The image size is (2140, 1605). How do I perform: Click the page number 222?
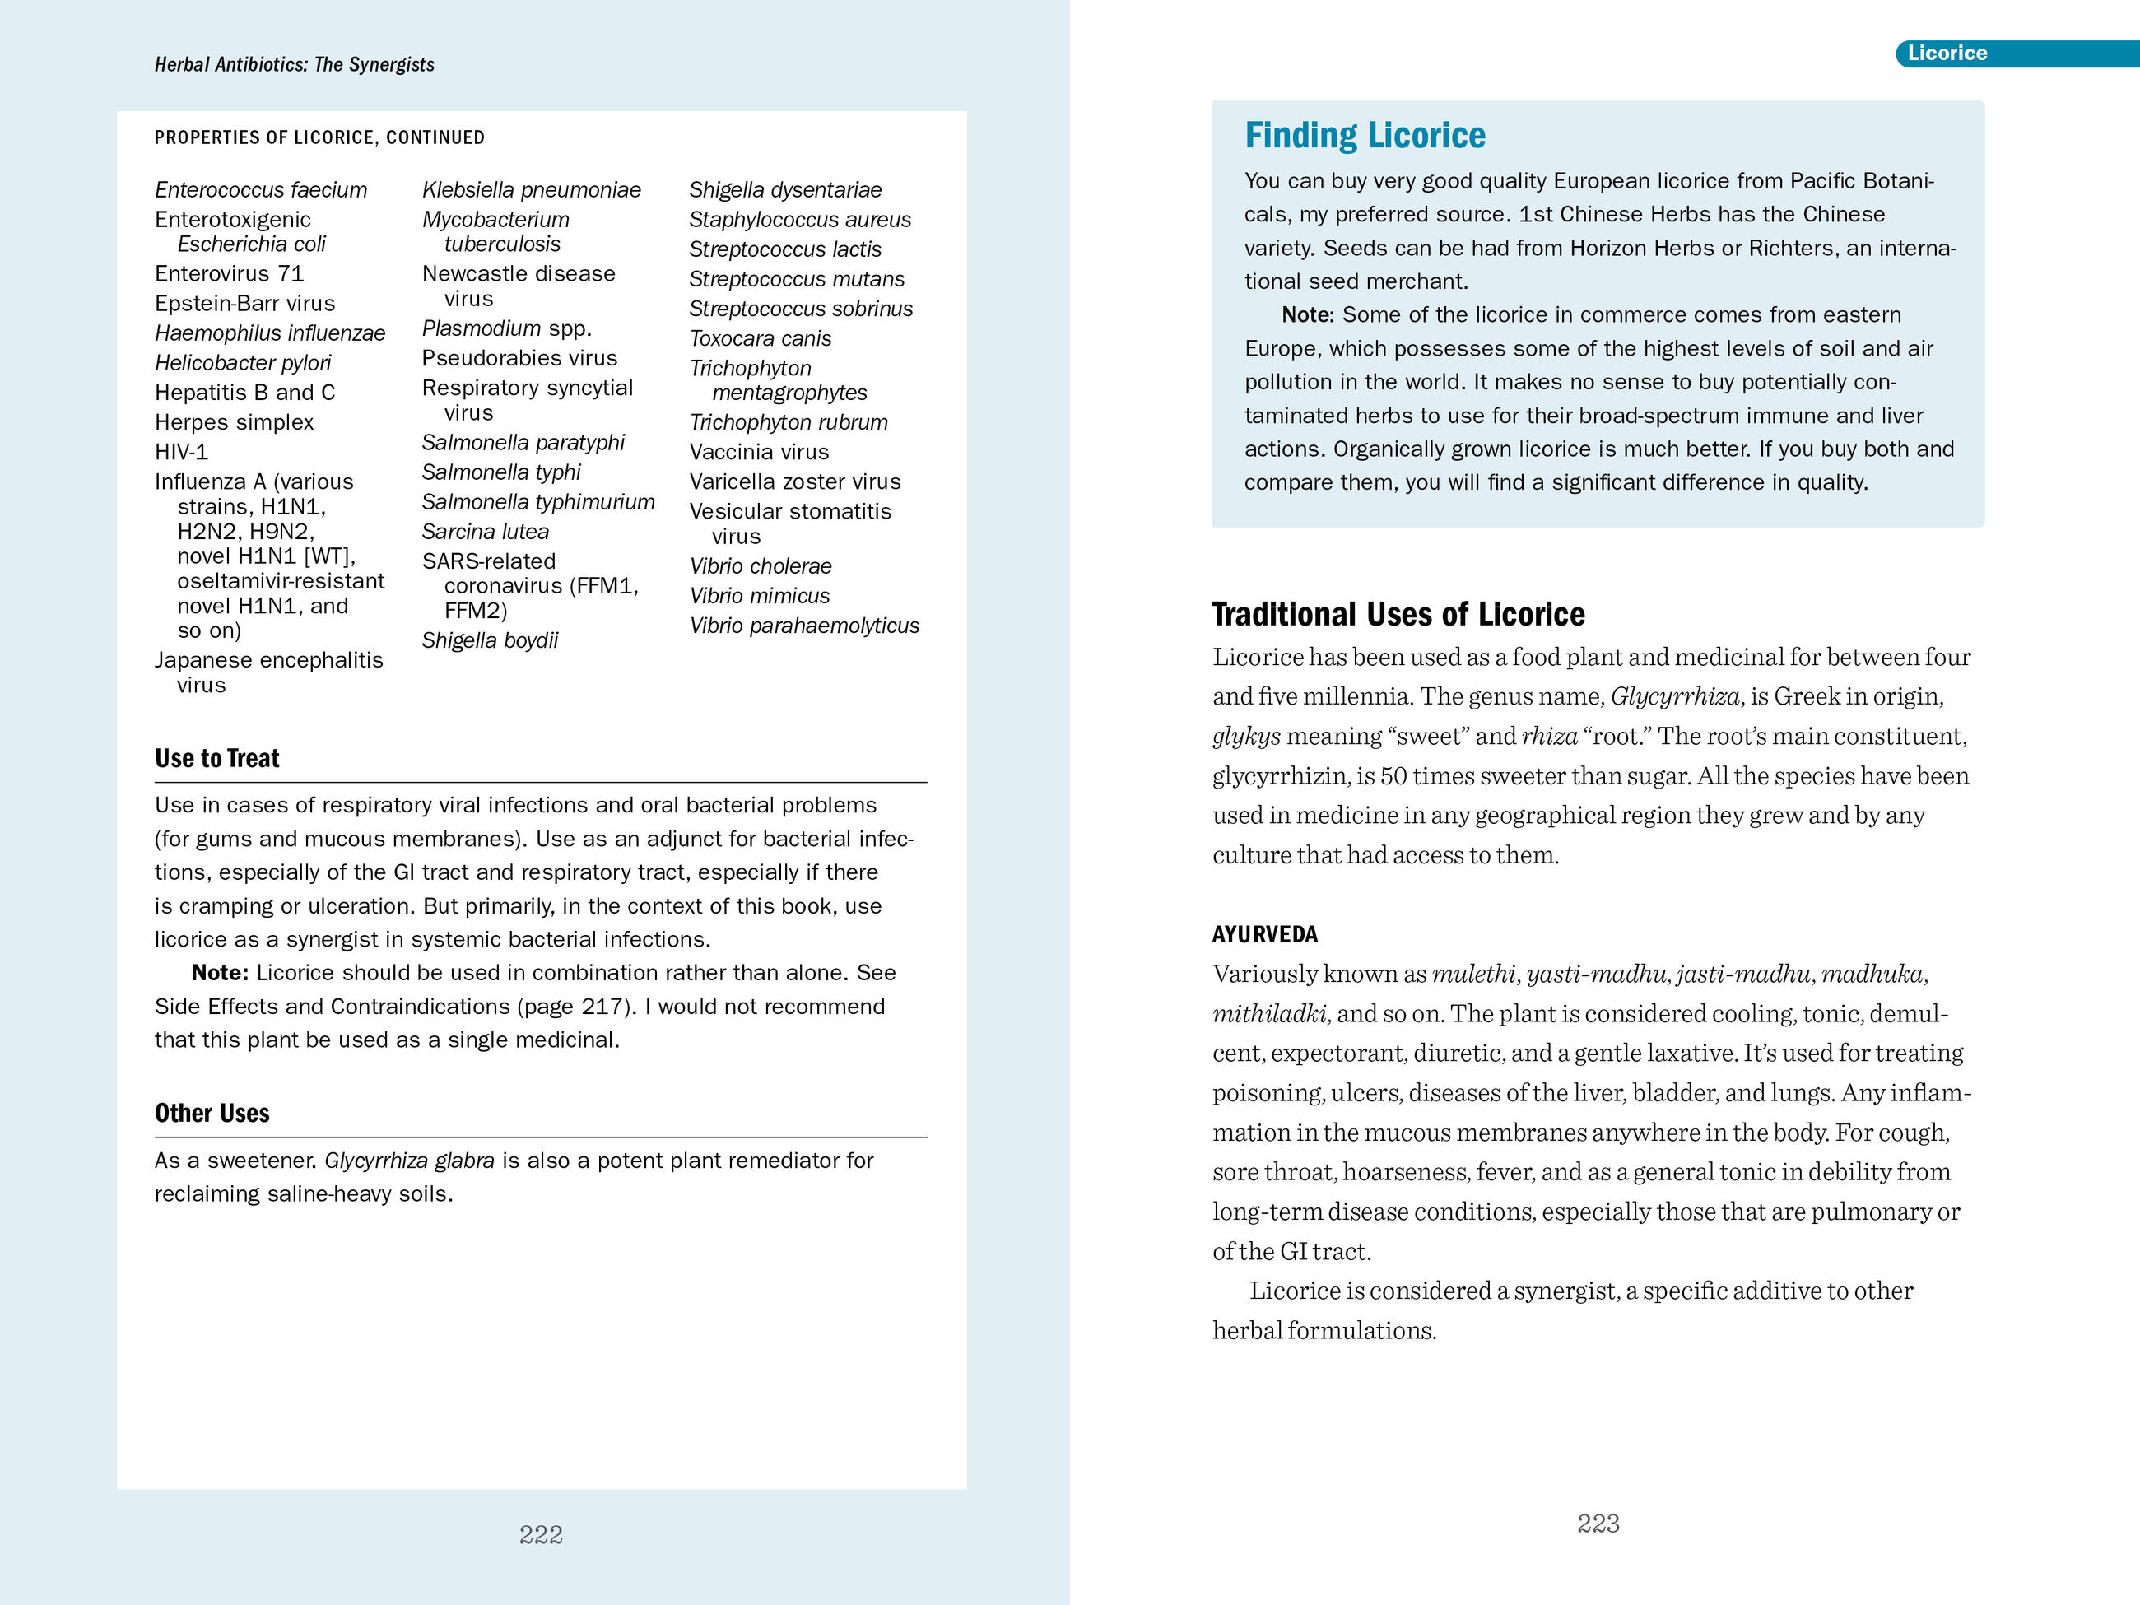click(541, 1534)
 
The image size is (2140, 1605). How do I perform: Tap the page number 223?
click(1598, 1524)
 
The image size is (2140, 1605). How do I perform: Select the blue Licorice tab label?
click(1947, 53)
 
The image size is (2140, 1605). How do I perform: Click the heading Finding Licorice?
click(1364, 136)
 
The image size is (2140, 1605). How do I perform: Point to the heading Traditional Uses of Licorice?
click(1398, 614)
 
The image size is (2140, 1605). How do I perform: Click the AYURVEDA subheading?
click(1264, 934)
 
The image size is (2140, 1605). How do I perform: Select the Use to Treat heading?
click(216, 759)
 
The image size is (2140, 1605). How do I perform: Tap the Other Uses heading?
click(212, 1114)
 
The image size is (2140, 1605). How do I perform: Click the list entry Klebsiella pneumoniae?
click(531, 189)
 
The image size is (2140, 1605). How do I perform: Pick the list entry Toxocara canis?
click(760, 338)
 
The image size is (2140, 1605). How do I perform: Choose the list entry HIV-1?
click(181, 452)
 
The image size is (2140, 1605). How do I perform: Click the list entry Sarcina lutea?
click(485, 532)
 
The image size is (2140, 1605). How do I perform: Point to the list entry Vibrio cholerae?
click(760, 566)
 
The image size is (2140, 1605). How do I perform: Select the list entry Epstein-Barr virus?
click(244, 304)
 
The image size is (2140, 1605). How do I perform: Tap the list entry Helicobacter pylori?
click(242, 363)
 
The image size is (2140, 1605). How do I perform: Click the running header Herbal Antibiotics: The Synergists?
click(294, 65)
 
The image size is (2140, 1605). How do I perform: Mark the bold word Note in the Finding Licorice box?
click(1307, 315)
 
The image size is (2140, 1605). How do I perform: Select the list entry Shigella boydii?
click(490, 640)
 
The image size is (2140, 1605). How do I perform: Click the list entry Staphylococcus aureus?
click(799, 220)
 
